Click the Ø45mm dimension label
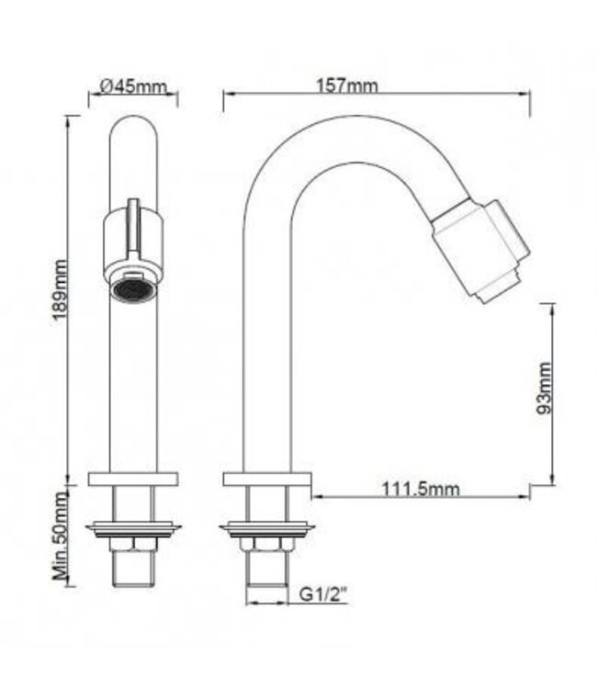(x=133, y=86)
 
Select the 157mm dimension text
(x=347, y=85)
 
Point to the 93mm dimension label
(x=544, y=389)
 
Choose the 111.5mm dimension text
(x=421, y=489)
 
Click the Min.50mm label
(x=61, y=537)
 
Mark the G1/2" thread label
(x=323, y=594)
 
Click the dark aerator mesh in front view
(x=133, y=288)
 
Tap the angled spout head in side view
(x=480, y=251)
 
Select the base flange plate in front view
(x=133, y=479)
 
